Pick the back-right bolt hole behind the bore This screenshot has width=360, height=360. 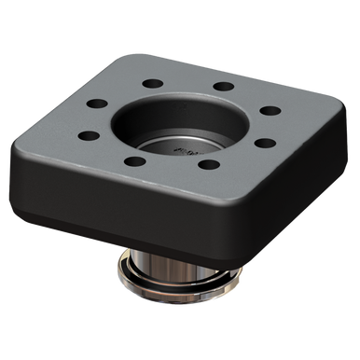[x=223, y=87]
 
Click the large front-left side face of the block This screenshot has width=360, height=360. [x=103, y=201]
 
